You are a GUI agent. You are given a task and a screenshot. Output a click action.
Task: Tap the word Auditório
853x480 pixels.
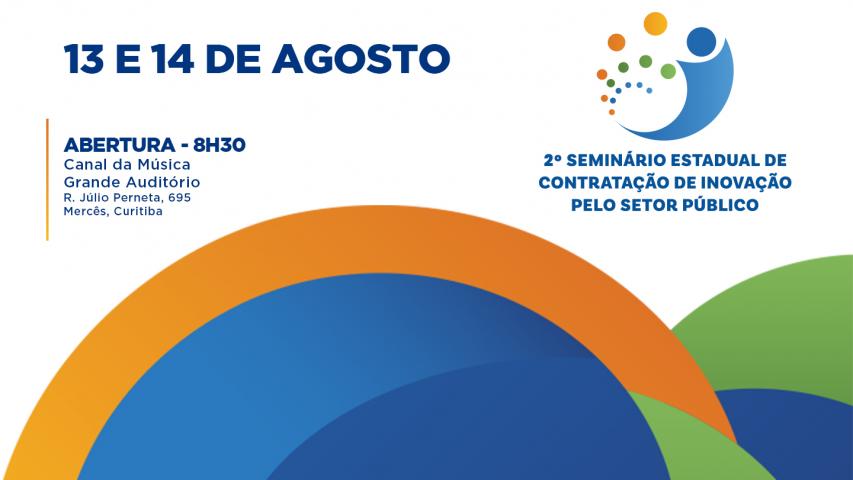click(160, 182)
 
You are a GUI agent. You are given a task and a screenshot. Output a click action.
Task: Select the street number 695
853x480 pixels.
click(179, 198)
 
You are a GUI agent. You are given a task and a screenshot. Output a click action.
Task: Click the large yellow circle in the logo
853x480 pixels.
click(655, 23)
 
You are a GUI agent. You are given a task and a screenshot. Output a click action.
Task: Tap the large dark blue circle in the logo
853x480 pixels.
click(702, 41)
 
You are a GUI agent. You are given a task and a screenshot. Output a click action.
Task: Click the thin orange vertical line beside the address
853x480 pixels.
click(47, 180)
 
